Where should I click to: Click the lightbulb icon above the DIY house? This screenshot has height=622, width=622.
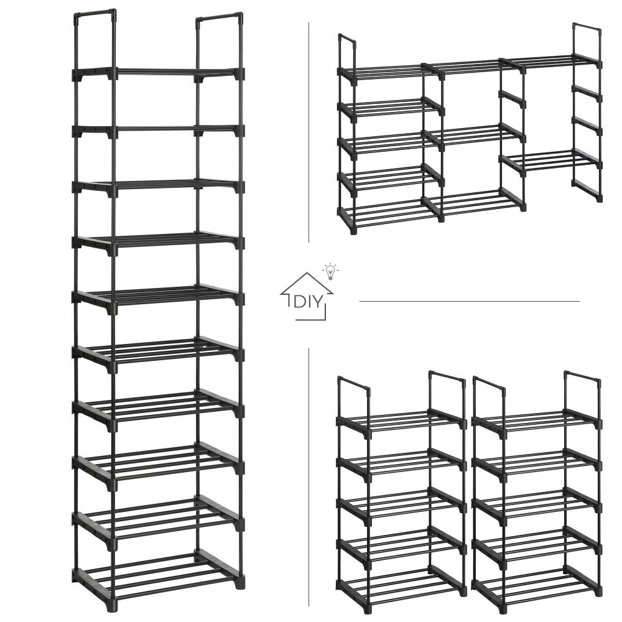pyautogui.click(x=330, y=272)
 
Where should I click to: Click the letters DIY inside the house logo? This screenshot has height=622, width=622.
pyautogui.click(x=307, y=302)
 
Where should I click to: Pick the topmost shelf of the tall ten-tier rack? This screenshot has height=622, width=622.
pyautogui.click(x=158, y=73)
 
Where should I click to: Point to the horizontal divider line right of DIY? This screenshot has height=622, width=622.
pyautogui.click(x=469, y=301)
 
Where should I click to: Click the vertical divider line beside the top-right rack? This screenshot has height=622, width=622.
pyautogui.click(x=309, y=132)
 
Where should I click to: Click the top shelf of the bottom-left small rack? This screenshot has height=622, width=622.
pyautogui.click(x=401, y=420)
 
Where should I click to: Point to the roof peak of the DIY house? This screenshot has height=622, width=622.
pyautogui.click(x=307, y=273)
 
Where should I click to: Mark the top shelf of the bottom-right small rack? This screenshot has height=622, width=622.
pyautogui.click(x=537, y=420)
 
